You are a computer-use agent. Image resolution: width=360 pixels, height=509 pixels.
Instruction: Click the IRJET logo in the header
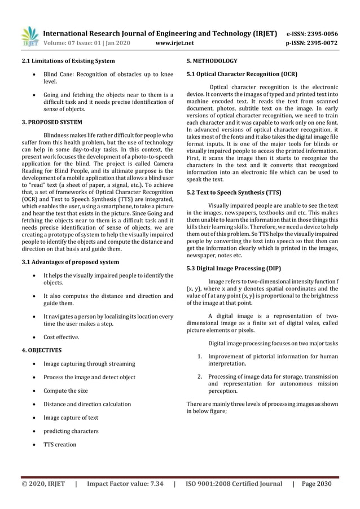[x=29, y=37]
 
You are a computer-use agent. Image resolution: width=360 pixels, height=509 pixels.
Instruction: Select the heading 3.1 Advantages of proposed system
[x=70, y=262]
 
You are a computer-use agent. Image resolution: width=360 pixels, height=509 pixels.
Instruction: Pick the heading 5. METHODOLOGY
[x=212, y=61]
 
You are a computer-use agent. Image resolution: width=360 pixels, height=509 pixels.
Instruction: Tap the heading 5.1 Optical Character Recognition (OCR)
[x=242, y=74]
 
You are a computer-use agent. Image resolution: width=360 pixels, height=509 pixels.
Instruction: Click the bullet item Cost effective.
[x=62, y=337]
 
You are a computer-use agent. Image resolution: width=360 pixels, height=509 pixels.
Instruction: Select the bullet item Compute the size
[x=65, y=390]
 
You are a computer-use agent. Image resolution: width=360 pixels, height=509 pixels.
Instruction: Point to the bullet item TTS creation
[x=59, y=445]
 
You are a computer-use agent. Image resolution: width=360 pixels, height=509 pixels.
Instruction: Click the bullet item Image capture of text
[x=71, y=418]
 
